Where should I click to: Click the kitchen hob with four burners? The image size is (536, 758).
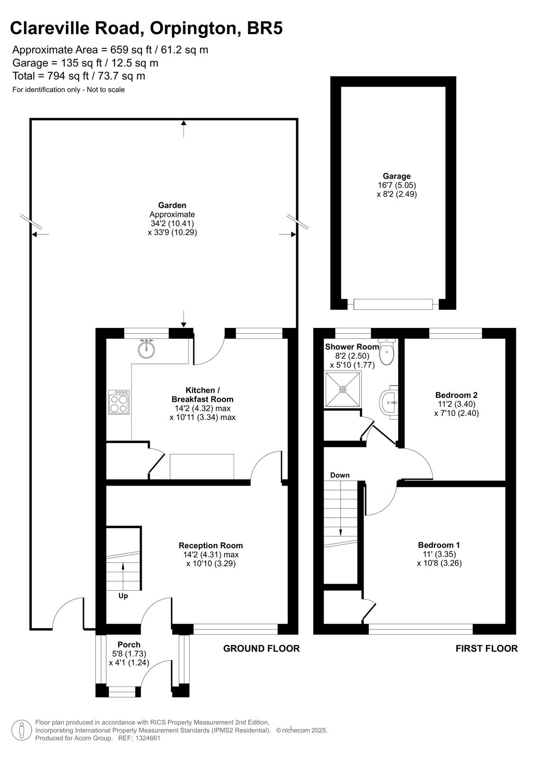pyautogui.click(x=118, y=402)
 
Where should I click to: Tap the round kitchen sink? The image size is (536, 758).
pyautogui.click(x=146, y=349)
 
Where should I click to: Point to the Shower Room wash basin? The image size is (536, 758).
pyautogui.click(x=389, y=402)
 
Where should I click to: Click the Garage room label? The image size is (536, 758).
pyautogui.click(x=397, y=176)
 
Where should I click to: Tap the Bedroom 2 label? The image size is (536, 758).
pyautogui.click(x=456, y=395)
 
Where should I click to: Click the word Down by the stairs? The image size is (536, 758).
pyautogui.click(x=340, y=475)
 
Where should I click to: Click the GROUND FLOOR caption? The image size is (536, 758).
pyautogui.click(x=262, y=649)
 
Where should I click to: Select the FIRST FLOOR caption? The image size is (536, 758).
pyautogui.click(x=487, y=649)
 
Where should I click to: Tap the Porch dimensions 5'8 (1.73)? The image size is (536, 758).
pyautogui.click(x=129, y=654)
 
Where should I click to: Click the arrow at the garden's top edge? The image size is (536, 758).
pyautogui.click(x=183, y=128)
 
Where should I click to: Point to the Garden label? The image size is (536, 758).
pyautogui.click(x=172, y=205)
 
